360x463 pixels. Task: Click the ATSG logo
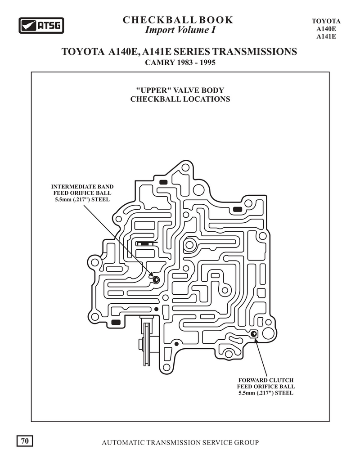coord(41,25)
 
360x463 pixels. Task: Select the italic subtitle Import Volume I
coord(180,30)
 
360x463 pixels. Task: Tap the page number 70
coord(25,441)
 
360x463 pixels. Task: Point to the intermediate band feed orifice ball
coord(156,279)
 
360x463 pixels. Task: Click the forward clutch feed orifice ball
coord(254,334)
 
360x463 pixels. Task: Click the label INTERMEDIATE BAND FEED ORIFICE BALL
coord(82,193)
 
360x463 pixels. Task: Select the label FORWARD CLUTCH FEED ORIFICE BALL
coord(266,387)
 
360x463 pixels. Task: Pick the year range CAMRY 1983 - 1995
coord(180,63)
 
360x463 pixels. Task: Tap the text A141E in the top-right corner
coord(326,36)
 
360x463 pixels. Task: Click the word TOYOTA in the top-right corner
coord(326,21)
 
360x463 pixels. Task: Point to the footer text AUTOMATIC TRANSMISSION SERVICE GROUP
coord(180,443)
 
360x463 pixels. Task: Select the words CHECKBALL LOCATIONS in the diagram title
coord(180,99)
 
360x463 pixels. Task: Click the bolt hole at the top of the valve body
coord(185,168)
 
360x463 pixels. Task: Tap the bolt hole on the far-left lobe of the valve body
coord(95,262)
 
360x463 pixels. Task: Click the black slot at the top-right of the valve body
coord(238,209)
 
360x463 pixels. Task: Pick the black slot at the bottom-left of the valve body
coord(116,322)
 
